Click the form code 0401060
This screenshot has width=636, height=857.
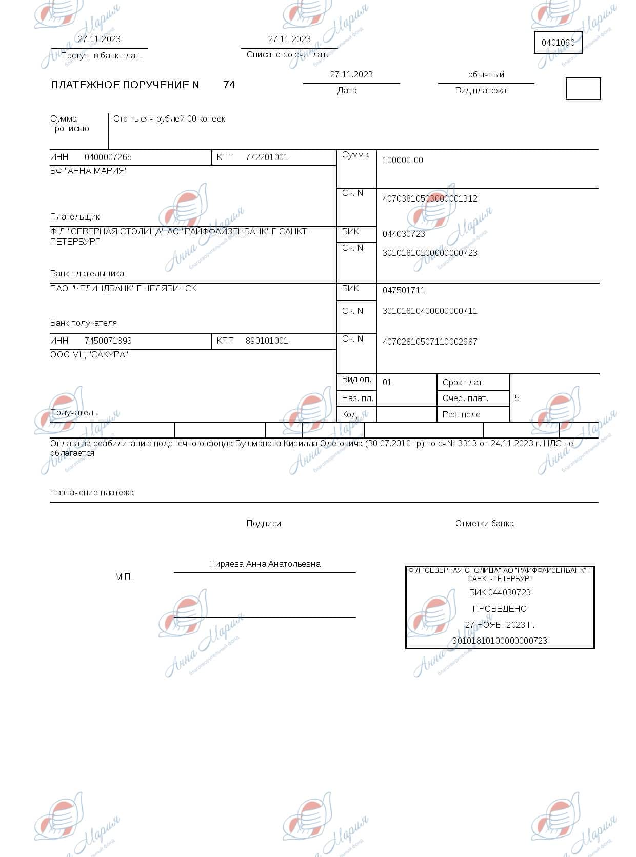coord(558,43)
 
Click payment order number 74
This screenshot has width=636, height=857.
coord(229,85)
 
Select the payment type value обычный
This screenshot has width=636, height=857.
coord(486,75)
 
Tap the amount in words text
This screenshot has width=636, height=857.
coord(169,119)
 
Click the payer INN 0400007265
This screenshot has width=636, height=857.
coord(108,157)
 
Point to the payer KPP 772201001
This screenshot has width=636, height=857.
coord(267,157)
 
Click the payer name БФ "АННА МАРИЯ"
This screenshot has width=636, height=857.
coord(89,171)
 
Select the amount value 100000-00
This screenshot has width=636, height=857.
coord(403,161)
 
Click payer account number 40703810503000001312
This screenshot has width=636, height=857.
coord(430,199)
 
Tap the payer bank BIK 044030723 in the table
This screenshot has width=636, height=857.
coord(404,234)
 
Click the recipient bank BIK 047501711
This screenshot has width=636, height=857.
coord(404,291)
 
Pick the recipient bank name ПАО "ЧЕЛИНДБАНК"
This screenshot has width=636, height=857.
coord(123,289)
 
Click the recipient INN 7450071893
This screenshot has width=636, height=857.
coord(108,341)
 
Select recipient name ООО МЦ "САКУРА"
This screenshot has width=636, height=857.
coord(89,355)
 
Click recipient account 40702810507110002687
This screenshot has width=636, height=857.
coord(430,342)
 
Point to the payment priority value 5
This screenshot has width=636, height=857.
coord(517,398)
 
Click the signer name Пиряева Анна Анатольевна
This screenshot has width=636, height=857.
coord(265,564)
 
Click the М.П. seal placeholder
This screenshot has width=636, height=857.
coord(124,577)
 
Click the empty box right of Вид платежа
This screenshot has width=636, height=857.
coord(583,89)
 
